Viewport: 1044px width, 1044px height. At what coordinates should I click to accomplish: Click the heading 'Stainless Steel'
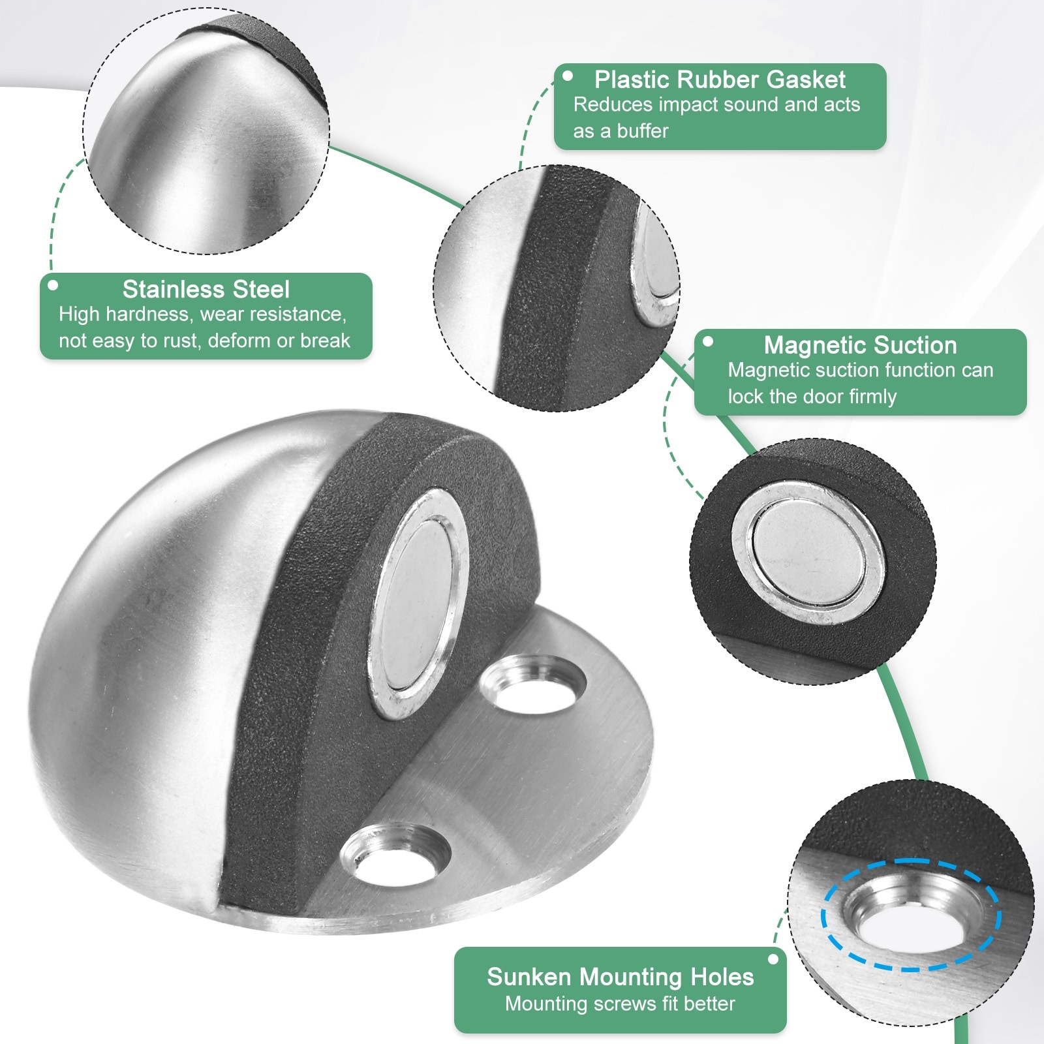coord(206,289)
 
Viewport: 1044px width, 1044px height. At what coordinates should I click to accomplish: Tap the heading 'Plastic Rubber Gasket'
coord(720,80)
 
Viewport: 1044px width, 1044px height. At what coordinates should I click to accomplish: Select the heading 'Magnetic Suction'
coord(860,345)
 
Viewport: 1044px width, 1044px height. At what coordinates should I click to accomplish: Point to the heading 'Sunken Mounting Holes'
coord(620,977)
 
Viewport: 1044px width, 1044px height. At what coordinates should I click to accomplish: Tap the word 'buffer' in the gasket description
coord(643,131)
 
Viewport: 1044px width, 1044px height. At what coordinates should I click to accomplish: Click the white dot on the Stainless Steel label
coord(53,285)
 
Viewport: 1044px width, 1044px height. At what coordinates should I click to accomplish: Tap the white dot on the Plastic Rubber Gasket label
coord(568,76)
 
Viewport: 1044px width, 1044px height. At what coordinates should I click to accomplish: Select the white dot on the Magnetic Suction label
coord(708,341)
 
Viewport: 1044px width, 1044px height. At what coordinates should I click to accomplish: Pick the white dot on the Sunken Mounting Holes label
coord(773,959)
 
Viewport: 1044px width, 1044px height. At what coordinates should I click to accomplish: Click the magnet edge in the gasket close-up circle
coord(652,268)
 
